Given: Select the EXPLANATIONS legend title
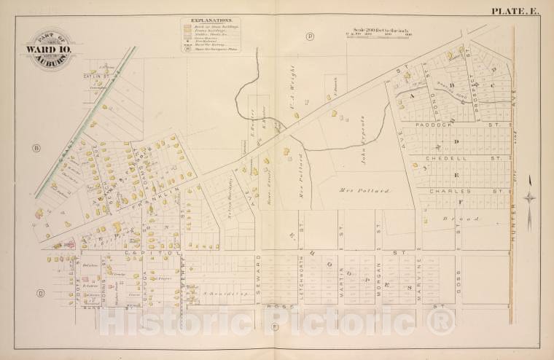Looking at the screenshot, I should point(211,21).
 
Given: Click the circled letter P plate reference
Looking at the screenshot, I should point(309,36).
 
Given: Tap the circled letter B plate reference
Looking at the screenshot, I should point(35,149).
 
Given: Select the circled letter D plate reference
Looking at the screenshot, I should point(41,294).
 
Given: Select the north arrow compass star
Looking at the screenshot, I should point(531,197).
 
